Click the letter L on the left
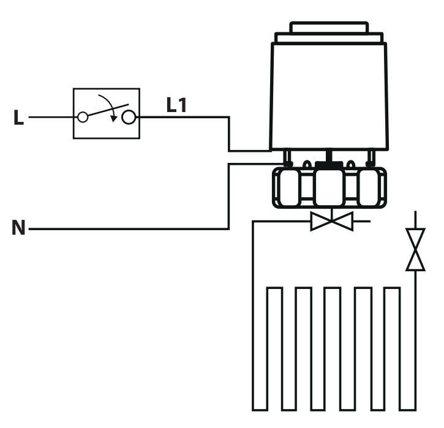click(x=18, y=118)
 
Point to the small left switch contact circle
click(x=82, y=116)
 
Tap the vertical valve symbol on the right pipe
click(x=416, y=250)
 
